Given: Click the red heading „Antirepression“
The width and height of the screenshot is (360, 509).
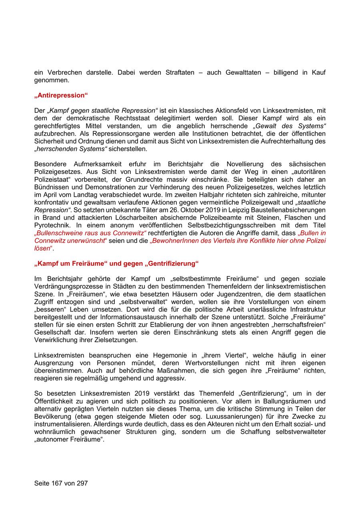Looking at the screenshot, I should (61, 95).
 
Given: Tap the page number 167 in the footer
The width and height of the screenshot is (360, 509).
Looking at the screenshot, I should (56, 483).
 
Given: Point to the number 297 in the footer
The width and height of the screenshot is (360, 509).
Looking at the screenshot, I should (81, 483).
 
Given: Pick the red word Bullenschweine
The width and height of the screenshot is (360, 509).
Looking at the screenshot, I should (58, 233).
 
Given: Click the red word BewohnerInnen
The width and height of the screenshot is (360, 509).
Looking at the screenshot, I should (174, 240).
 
